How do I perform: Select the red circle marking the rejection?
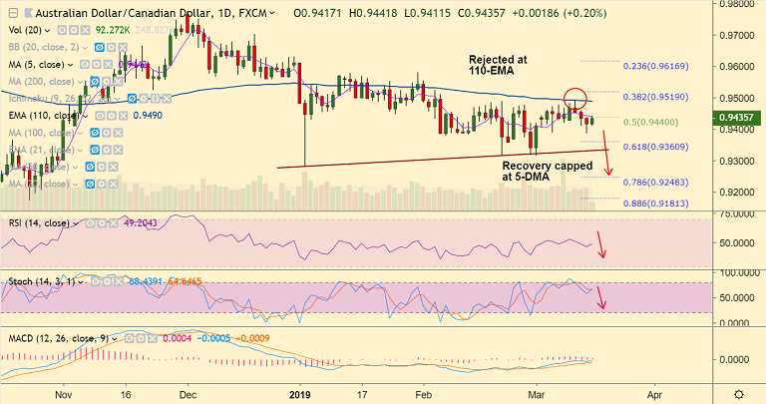(x=575, y=99)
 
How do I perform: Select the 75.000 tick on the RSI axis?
(x=735, y=214)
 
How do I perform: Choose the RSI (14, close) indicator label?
(x=41, y=223)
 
